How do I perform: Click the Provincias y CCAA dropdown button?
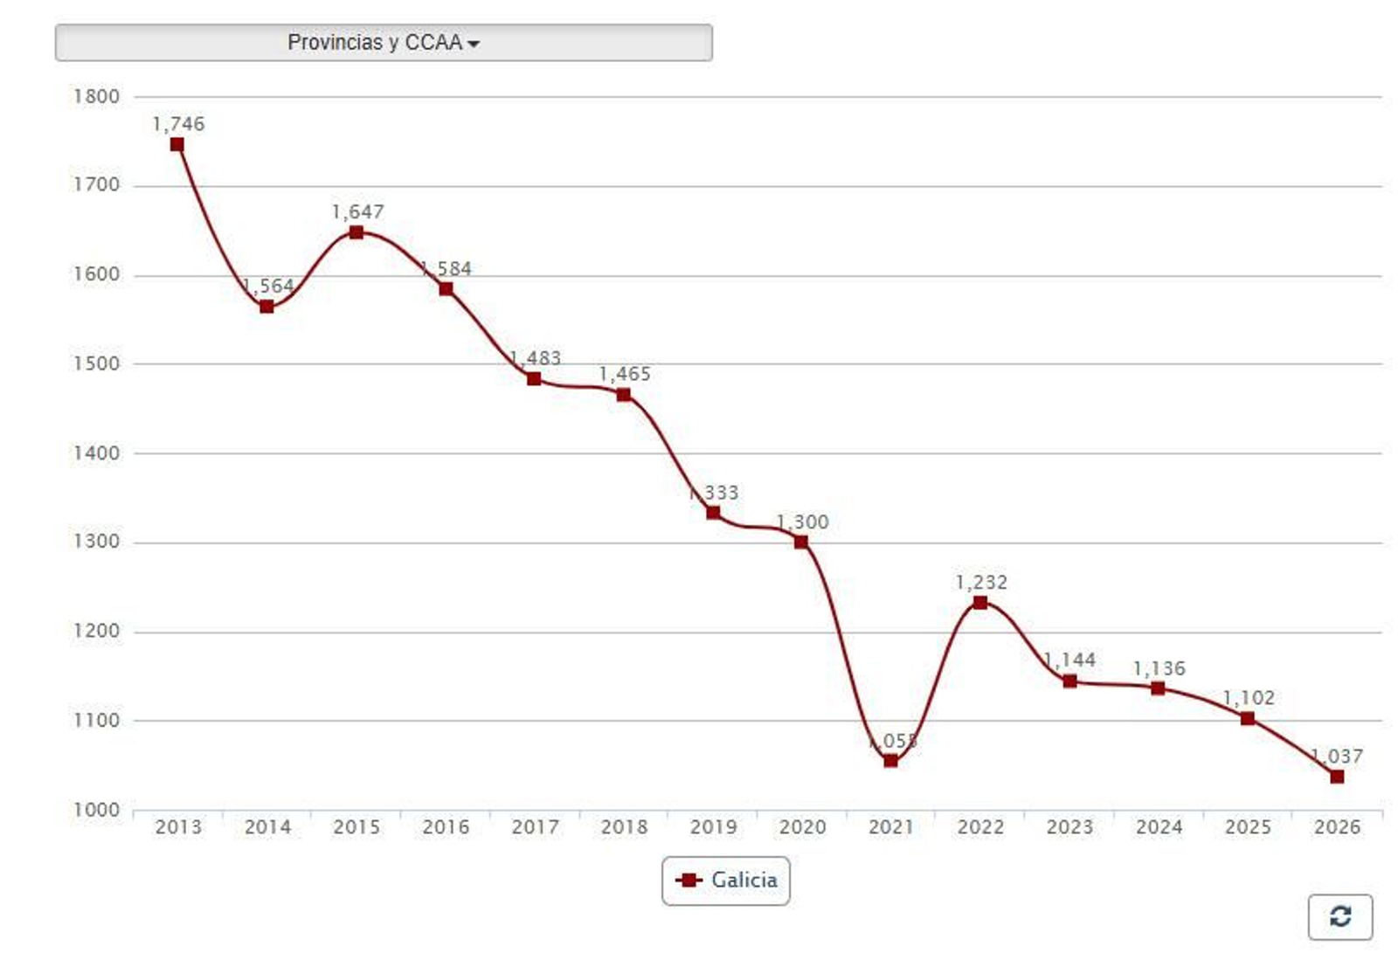(x=384, y=43)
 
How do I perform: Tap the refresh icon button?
(x=1339, y=916)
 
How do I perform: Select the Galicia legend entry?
(x=726, y=880)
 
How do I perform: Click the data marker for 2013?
(x=177, y=145)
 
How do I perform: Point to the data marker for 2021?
(x=890, y=761)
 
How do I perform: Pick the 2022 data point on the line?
(x=980, y=603)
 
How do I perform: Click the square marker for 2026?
(x=1337, y=777)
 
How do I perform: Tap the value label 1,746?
(x=178, y=124)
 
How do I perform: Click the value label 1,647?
(x=357, y=211)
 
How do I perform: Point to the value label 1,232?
(x=981, y=582)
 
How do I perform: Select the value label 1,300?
(x=802, y=521)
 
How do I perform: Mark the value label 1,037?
(x=1337, y=756)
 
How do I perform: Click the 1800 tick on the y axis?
(x=96, y=97)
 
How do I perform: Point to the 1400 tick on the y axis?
(x=96, y=453)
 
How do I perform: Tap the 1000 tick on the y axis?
(x=96, y=810)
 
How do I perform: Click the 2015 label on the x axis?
(x=356, y=826)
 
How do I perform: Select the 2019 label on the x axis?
(x=713, y=826)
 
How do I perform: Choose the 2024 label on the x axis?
(x=1159, y=826)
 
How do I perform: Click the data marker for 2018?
(x=624, y=395)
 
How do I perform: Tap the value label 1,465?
(x=625, y=374)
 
